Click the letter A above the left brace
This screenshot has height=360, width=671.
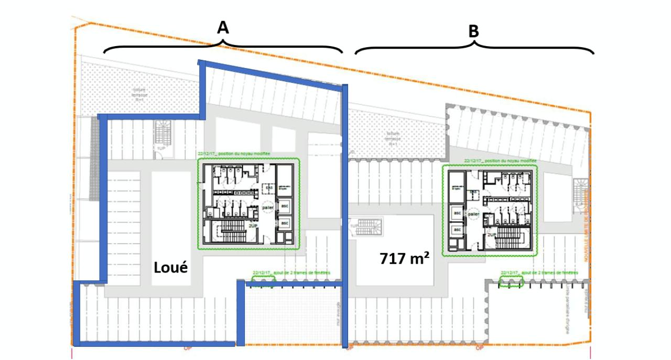point(223,28)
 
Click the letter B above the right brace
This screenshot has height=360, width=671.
point(473,31)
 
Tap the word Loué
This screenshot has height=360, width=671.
point(171,268)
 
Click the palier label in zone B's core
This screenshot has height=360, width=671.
point(473,214)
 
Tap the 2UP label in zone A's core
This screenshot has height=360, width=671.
point(253,226)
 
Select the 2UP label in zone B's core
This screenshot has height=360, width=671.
point(492,234)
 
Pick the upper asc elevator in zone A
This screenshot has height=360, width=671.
point(285,206)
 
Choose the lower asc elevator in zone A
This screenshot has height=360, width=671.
point(285,223)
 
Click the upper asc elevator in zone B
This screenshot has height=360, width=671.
point(457,213)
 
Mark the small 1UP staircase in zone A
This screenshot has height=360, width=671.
point(163,137)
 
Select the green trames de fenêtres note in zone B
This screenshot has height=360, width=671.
point(539,273)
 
